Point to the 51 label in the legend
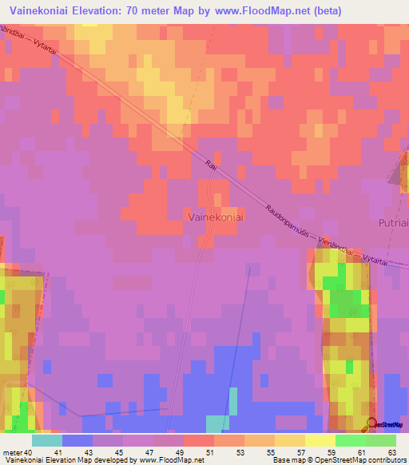(189, 452)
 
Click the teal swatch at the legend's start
(46, 440)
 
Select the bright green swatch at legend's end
(381, 440)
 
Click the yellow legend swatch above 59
(320, 440)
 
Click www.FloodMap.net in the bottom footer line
(159, 460)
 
